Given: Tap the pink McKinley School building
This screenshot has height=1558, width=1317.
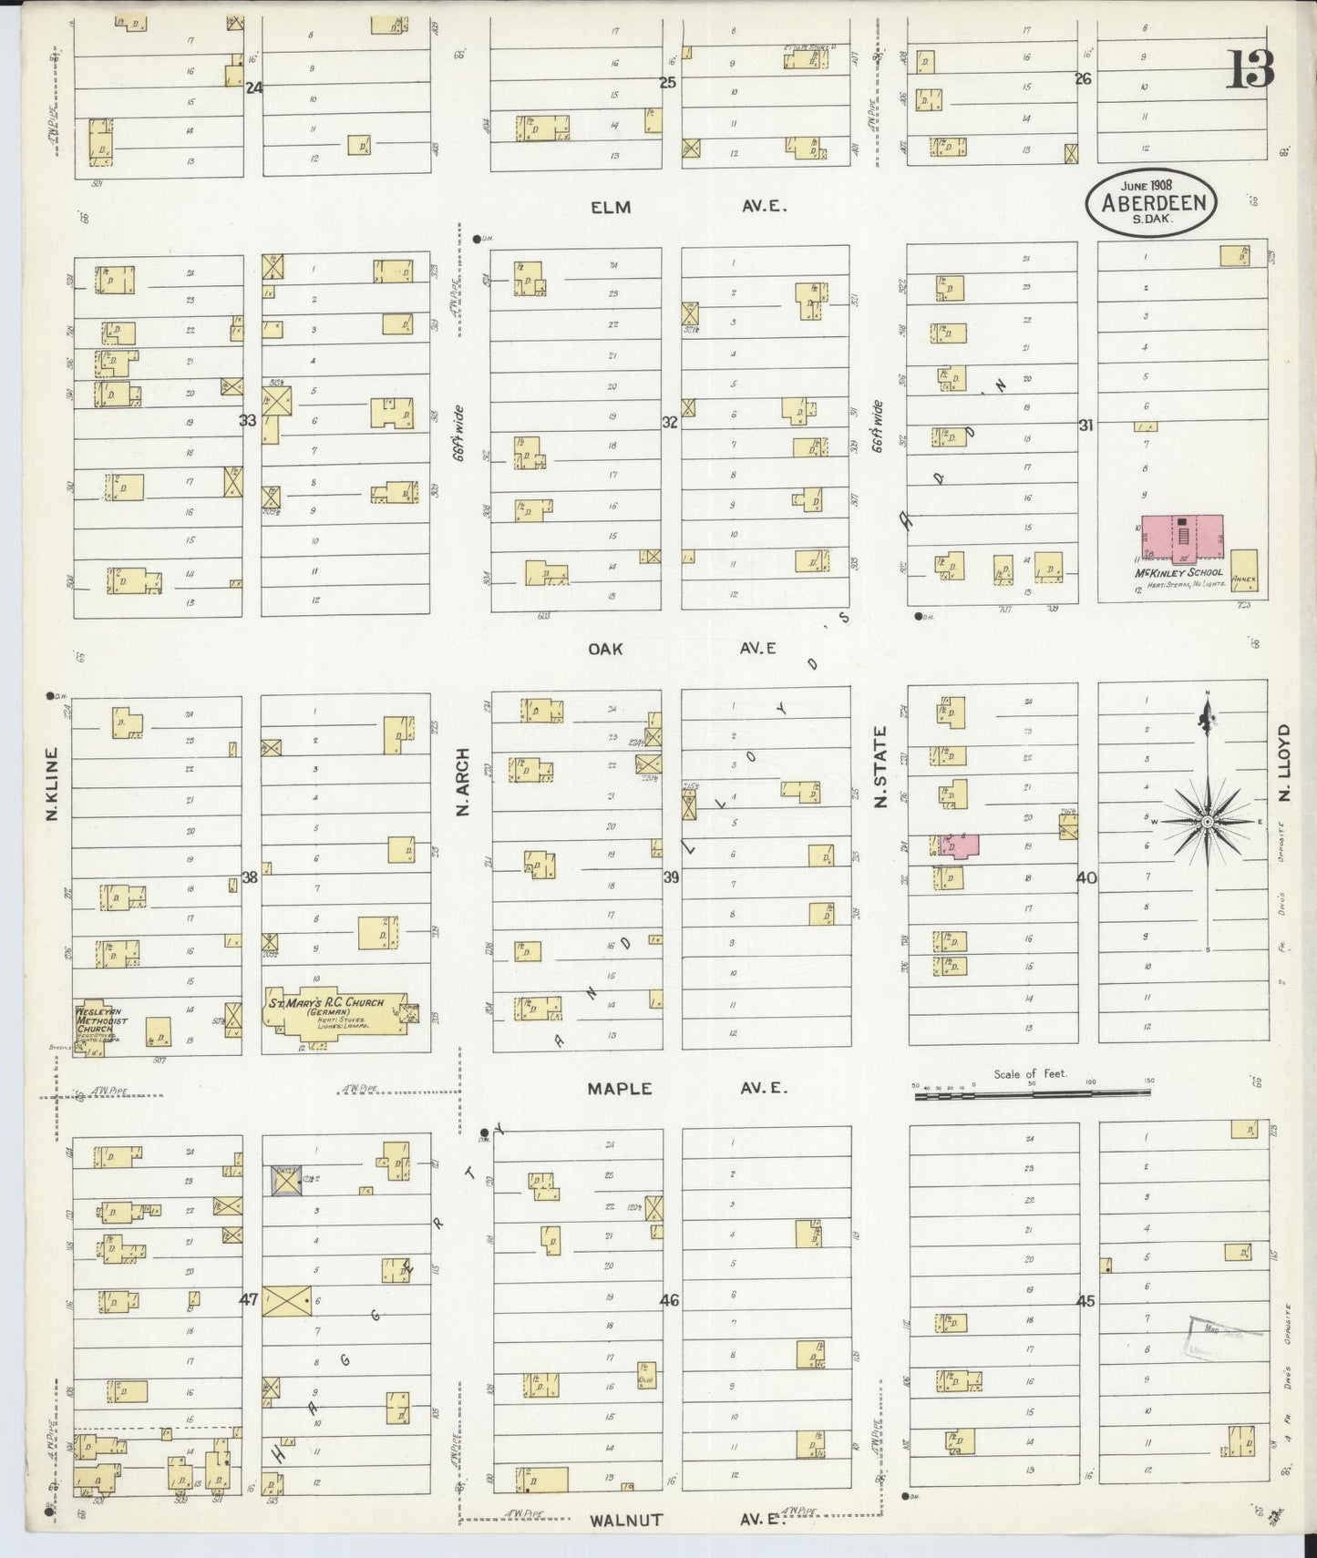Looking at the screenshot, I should (1182, 535).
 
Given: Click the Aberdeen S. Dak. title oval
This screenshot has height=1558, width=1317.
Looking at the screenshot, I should (1151, 202).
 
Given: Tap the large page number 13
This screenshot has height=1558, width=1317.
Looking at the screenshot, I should (1250, 70).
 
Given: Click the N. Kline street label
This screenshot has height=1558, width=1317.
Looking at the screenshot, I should (52, 784).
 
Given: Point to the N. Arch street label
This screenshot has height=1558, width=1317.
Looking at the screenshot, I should (463, 781).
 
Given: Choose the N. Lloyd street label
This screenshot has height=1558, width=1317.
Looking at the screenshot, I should (1285, 763).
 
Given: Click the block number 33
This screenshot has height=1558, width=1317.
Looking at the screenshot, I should (248, 421).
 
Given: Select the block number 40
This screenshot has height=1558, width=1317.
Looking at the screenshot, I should (1086, 878).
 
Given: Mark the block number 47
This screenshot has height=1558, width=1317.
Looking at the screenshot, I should (248, 1300).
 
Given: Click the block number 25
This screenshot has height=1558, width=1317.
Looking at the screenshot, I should (668, 83).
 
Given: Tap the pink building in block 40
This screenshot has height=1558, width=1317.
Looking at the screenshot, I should (958, 846).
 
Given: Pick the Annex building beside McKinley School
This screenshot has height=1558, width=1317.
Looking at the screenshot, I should (1243, 570).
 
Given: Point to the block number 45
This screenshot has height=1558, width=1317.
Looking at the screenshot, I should (1085, 1301).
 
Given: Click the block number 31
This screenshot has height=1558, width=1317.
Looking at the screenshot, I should (1085, 425).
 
